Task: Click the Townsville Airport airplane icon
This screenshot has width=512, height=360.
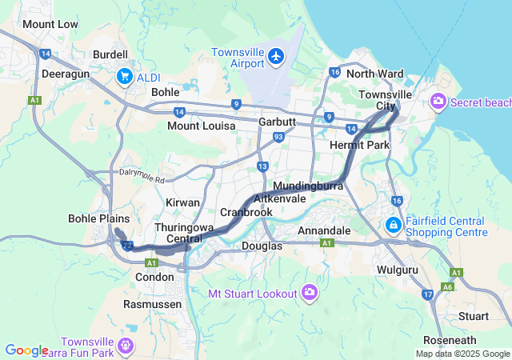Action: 277,55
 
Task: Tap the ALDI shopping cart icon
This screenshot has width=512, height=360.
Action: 124,76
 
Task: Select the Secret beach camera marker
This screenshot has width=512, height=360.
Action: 438,102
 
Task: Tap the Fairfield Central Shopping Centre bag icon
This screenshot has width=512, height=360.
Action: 394,226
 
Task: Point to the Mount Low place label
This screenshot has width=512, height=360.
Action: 50,24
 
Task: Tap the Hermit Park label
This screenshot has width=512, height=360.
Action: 359,145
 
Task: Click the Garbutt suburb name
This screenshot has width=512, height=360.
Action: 277,122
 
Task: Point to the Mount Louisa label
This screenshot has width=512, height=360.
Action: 201,126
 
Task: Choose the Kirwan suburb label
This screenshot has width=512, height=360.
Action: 182,203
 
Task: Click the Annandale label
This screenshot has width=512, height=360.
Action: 324,230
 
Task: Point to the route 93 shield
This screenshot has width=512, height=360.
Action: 278,138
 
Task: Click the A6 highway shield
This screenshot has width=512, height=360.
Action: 449,286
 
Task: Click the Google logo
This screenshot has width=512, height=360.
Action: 26,350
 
